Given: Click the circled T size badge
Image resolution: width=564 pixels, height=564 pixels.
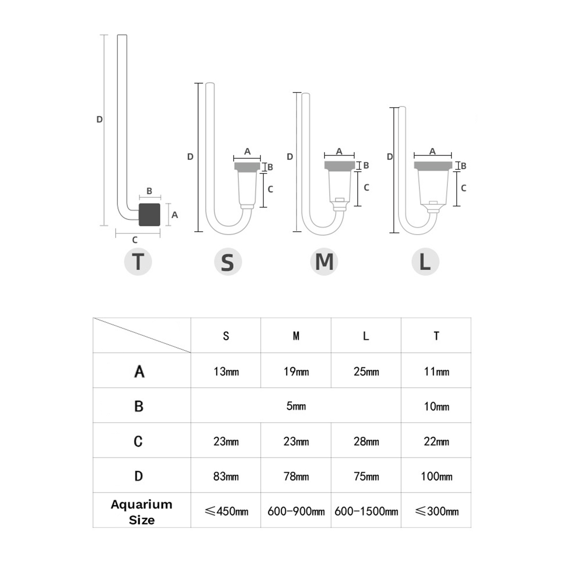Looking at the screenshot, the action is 138,261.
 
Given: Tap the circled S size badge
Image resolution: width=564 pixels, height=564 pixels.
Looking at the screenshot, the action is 228,262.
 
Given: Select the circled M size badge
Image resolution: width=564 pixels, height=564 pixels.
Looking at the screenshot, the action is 324,261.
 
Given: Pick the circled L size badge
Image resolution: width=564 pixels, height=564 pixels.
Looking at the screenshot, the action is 425,261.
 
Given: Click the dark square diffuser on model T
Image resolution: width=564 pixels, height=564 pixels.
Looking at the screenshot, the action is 149,215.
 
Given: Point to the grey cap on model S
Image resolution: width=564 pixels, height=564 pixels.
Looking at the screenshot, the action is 247,167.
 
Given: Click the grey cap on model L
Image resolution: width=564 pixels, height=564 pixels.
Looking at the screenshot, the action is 433,166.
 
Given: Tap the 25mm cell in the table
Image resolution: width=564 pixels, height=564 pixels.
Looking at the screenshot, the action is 366,372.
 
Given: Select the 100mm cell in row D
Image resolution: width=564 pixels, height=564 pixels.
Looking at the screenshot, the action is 437,476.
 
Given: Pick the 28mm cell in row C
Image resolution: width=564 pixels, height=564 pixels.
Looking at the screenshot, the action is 366,441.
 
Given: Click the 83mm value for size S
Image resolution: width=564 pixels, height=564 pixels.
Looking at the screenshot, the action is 226,476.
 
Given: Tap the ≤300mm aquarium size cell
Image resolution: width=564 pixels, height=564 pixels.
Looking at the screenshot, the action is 437,511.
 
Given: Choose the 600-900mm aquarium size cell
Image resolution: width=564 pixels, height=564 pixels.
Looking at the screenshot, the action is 296,511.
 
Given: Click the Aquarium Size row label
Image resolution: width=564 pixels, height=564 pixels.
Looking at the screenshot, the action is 142,512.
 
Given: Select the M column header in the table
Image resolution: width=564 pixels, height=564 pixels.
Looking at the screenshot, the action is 296,336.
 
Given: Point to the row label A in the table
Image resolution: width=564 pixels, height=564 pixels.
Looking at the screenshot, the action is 139,372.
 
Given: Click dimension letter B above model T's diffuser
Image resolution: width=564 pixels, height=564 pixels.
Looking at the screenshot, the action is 149,191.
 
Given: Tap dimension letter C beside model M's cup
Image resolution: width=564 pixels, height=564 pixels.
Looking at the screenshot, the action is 367,188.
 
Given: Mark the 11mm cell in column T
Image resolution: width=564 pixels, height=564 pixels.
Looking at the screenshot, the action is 437,372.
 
